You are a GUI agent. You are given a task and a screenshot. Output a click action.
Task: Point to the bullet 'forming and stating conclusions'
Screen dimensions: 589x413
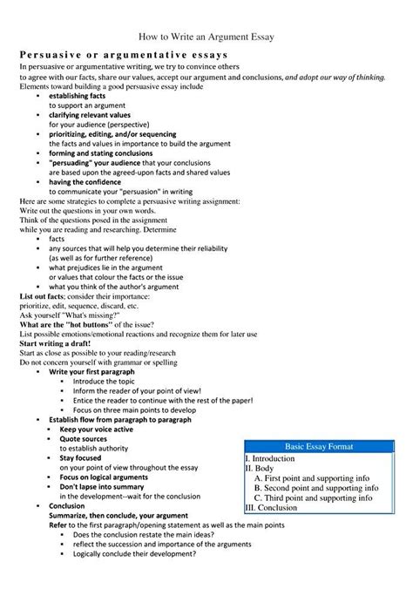(101, 152)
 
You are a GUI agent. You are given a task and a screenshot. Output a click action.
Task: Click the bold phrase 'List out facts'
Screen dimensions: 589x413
(43, 295)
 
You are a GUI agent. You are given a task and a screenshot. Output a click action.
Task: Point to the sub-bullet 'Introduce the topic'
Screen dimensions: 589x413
(104, 381)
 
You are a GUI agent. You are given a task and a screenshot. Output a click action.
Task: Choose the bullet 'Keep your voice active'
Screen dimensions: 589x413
(96, 429)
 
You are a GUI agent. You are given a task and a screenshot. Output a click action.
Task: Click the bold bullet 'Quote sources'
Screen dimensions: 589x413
(83, 438)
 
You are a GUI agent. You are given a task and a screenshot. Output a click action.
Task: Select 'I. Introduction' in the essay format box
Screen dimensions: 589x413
(271, 457)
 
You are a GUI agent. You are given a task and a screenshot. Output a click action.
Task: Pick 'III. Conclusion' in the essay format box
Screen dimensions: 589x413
(272, 507)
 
